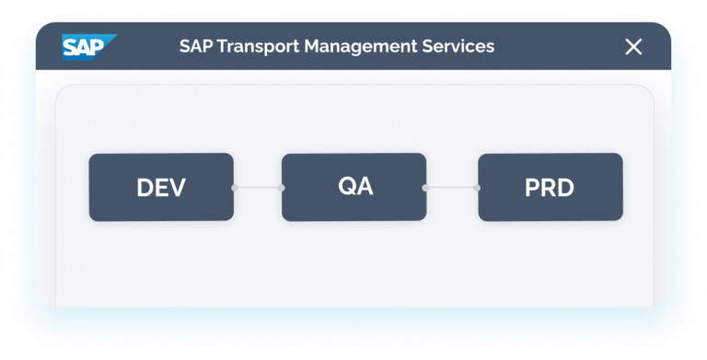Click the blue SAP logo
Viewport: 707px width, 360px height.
[x=88, y=46]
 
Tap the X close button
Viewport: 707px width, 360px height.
[x=633, y=46]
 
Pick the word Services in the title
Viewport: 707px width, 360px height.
[x=457, y=46]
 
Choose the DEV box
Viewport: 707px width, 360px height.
[x=161, y=188]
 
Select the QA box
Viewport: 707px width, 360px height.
[x=354, y=187]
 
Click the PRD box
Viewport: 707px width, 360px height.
[x=550, y=188]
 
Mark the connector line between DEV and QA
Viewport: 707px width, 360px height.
[x=258, y=188]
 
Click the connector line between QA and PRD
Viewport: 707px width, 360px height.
[x=451, y=188]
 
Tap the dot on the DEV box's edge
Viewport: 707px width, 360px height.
[x=234, y=188]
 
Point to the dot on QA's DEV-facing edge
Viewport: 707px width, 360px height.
[x=282, y=188]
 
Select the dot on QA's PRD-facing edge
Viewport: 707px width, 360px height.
[x=425, y=188]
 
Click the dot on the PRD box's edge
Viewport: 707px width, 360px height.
[x=478, y=188]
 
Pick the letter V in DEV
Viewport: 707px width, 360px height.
[x=178, y=189]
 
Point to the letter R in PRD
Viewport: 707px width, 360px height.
[x=550, y=189]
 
